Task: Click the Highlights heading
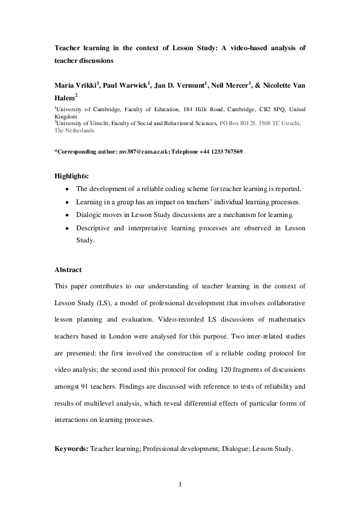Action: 71,176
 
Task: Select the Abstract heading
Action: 68,270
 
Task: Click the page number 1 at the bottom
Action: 180,484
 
